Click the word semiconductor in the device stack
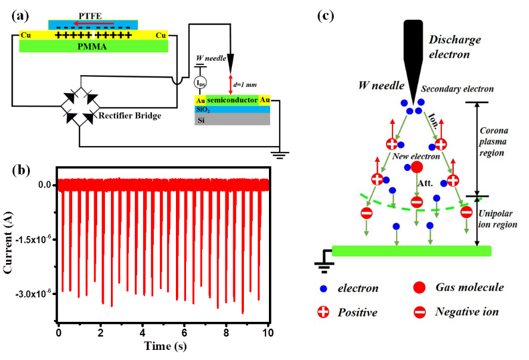[232, 100]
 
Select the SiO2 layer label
[203, 110]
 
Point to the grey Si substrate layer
[232, 120]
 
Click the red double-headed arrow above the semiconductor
[231, 84]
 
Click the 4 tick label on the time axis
[143, 332]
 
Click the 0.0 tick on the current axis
[46, 185]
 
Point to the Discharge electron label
[454, 47]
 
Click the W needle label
[382, 86]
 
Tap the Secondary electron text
[457, 89]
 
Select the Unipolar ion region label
[497, 219]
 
